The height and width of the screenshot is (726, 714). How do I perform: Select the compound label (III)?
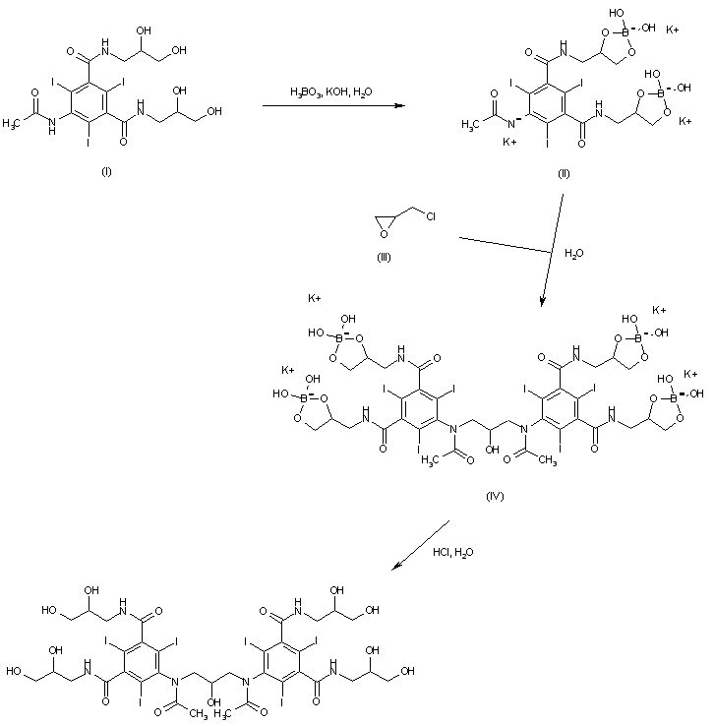point(385,259)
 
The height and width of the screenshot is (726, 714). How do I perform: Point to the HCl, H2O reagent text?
point(452,553)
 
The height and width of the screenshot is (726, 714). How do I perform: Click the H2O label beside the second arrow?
point(573,253)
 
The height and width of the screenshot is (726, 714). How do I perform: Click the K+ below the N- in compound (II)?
point(509,143)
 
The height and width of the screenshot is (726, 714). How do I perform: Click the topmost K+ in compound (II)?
point(673,30)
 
